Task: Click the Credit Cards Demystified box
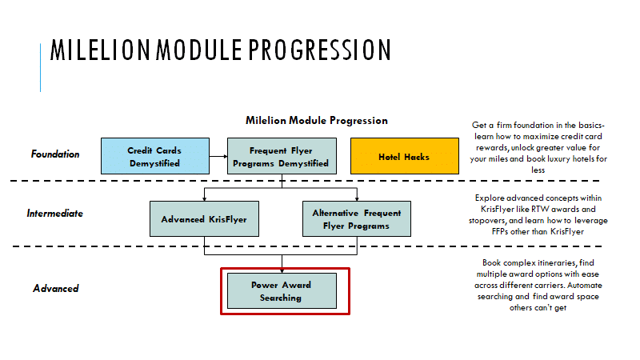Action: (155, 156)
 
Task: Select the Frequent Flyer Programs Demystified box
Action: (282, 156)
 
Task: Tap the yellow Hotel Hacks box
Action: (405, 156)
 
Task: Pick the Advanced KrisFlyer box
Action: (204, 218)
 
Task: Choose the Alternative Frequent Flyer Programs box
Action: (357, 218)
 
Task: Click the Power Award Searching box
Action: (282, 290)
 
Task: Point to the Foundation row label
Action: (55, 154)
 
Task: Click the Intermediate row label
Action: (54, 213)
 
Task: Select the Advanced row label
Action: (56, 288)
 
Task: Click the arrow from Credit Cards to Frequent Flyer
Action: (218, 156)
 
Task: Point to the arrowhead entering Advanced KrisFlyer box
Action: (205, 198)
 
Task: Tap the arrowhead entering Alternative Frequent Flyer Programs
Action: (357, 198)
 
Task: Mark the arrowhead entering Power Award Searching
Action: (282, 271)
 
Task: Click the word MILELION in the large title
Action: (101, 50)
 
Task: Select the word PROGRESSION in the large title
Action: (319, 50)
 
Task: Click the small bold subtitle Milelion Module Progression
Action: (317, 121)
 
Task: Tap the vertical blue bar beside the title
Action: (41, 67)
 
